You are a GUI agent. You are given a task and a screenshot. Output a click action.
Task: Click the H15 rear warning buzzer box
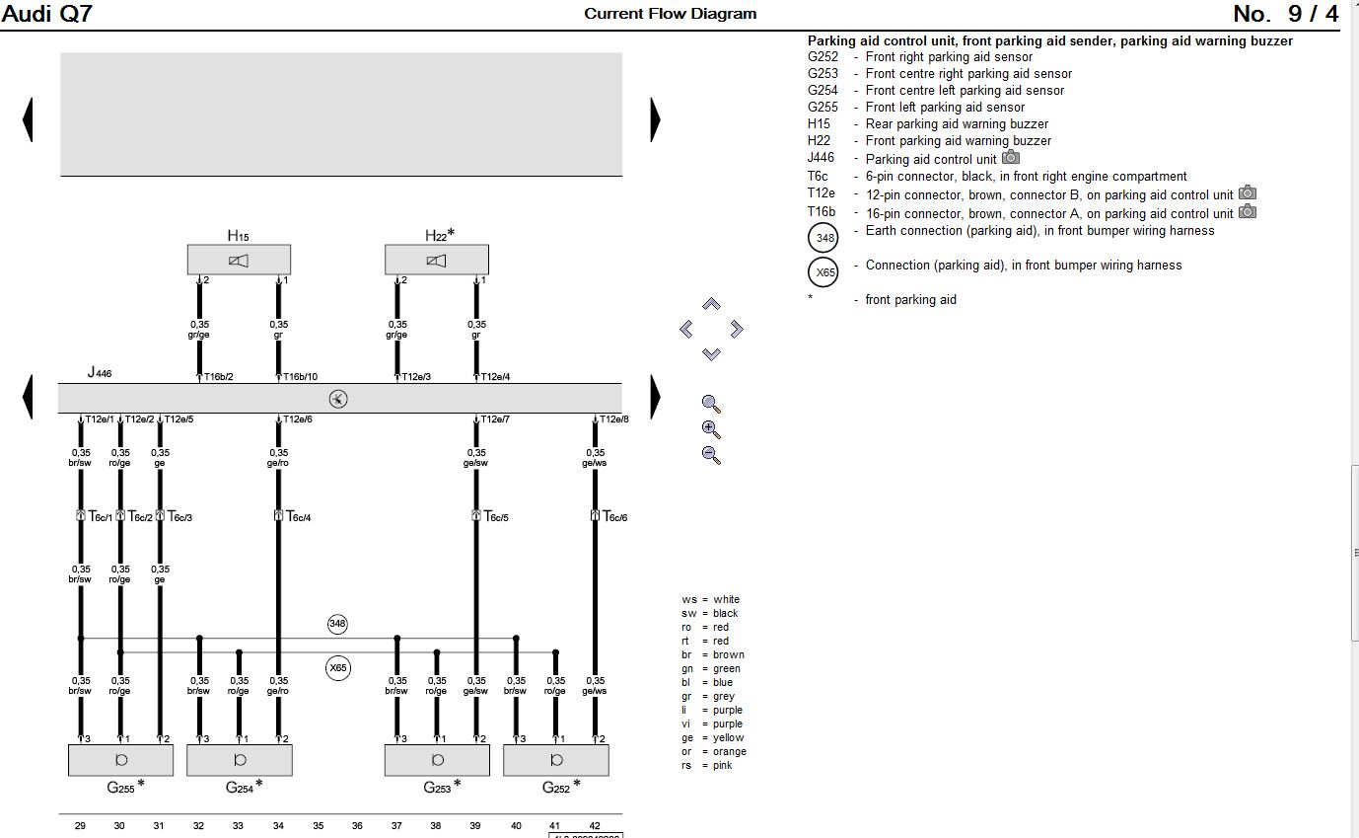239,260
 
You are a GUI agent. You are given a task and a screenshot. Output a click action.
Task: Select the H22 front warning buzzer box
437,260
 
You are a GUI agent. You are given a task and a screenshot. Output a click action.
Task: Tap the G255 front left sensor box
120,760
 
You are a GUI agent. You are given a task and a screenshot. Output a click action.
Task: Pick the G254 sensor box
240,760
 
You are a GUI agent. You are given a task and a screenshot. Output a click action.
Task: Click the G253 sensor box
438,760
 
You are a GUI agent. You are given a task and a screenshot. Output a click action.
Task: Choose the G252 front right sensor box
556,760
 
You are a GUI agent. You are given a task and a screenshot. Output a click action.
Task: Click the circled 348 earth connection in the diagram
337,624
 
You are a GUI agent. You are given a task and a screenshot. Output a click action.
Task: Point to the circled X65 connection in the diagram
338,668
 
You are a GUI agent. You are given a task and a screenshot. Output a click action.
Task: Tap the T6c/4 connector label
299,517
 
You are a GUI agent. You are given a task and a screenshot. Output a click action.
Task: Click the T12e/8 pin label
614,419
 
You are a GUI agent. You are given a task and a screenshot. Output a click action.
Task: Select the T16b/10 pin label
301,376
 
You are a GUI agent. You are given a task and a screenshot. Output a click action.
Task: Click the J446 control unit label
100,372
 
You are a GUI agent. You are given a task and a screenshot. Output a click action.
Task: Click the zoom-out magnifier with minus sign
711,455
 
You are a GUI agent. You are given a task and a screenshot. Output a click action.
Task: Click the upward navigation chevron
711,304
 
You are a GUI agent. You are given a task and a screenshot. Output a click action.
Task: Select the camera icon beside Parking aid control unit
1011,157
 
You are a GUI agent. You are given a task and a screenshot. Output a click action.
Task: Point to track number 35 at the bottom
319,826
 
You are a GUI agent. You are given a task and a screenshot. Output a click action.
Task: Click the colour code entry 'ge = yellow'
712,737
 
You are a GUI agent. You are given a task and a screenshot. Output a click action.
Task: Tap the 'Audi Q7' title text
46,14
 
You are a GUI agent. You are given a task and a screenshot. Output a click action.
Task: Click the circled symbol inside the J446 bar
338,399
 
